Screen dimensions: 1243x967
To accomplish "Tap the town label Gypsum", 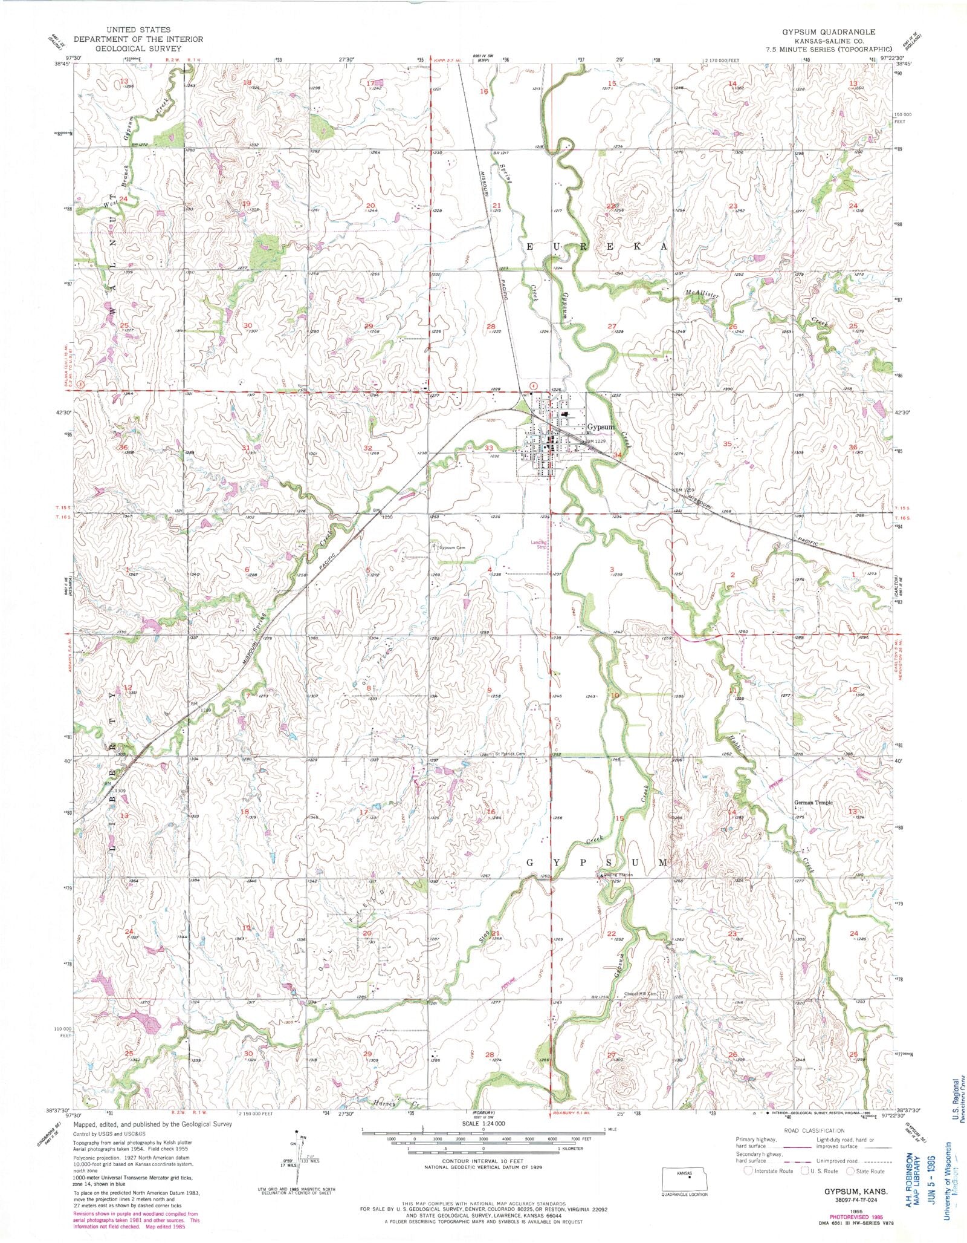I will pos(600,427).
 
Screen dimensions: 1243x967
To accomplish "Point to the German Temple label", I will pos(813,803).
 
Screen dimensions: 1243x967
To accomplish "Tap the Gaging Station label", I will pos(616,875).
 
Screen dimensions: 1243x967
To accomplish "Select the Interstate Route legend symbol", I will pos(748,1170).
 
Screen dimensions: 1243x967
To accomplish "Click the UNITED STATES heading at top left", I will pos(138,30).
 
